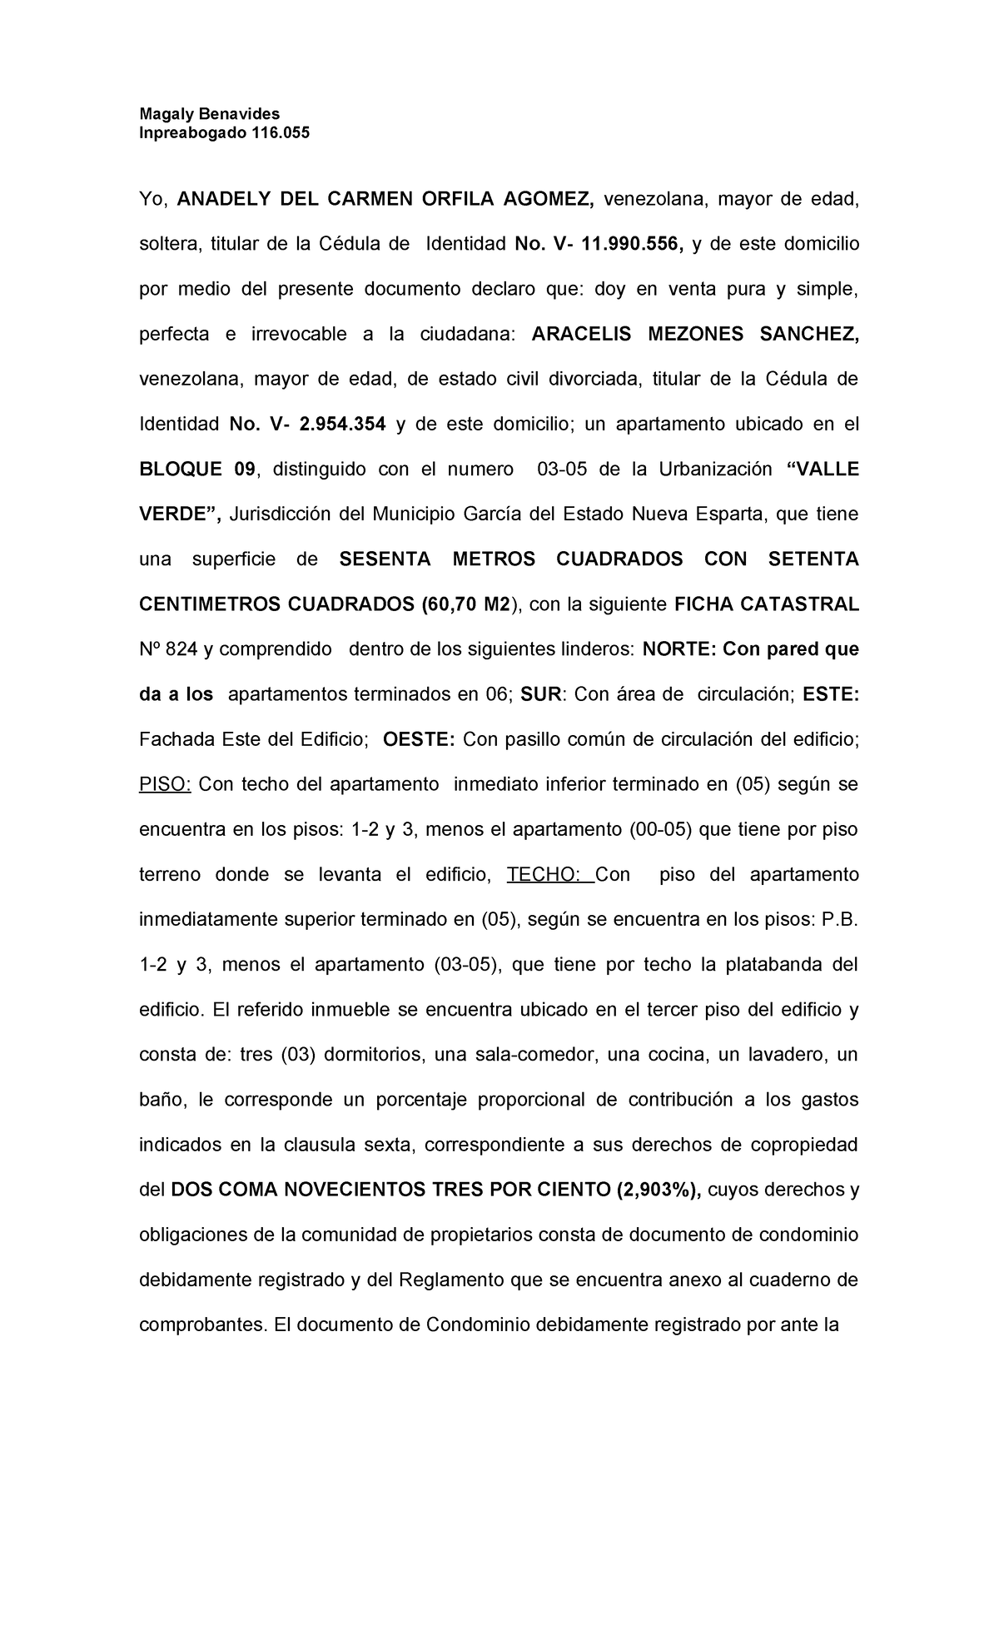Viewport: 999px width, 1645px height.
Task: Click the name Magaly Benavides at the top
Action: (x=209, y=114)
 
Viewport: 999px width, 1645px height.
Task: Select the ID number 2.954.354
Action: (x=342, y=425)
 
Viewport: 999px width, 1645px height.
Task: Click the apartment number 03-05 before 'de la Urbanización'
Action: (x=562, y=470)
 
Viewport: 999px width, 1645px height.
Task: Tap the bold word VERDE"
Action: (x=179, y=514)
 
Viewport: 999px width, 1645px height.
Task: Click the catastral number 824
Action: (x=181, y=649)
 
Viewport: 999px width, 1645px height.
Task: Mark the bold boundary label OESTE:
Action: (x=418, y=739)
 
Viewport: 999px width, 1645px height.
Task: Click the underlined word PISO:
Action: (x=165, y=784)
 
